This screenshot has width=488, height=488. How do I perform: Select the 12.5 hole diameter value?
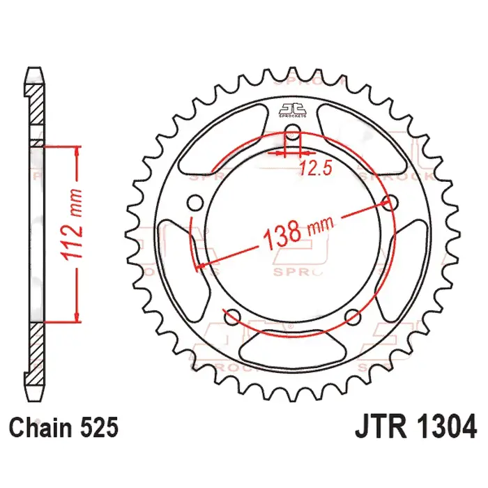[x=314, y=167]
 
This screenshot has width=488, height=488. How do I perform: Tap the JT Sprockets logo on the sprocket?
[x=293, y=110]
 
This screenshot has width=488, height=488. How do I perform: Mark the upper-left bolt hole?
[x=196, y=203]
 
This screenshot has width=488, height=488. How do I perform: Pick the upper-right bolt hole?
[x=390, y=203]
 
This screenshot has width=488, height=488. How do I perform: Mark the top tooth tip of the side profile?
[x=33, y=70]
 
